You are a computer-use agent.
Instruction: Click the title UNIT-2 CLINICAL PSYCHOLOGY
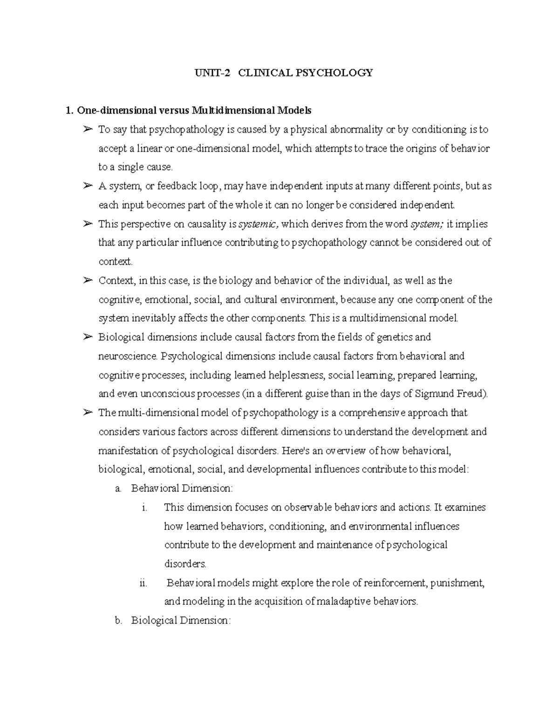[x=284, y=73]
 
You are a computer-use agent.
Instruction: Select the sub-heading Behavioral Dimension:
[x=182, y=489]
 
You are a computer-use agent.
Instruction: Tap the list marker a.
[x=118, y=489]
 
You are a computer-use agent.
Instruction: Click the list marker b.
[x=118, y=621]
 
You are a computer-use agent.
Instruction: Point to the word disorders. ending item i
[x=185, y=564]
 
